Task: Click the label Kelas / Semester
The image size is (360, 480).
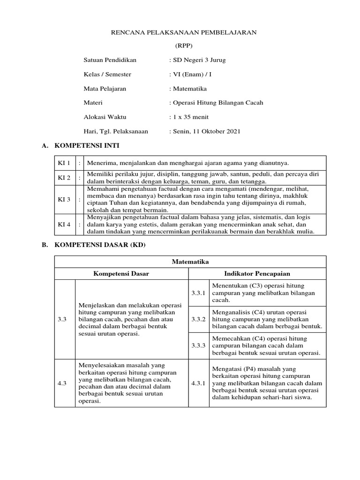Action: (107, 75)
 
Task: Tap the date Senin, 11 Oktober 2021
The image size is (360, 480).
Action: (205, 131)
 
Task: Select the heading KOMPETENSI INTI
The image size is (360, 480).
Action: (87, 146)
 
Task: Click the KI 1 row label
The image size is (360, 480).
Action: (64, 163)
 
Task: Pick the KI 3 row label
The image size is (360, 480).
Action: (64, 199)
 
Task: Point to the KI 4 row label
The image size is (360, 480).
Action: (64, 225)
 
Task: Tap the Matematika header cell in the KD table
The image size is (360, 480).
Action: (190, 262)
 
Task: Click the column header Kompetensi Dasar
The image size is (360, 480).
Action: (121, 274)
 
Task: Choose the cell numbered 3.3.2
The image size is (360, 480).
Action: (199, 319)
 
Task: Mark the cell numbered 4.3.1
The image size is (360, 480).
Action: (199, 383)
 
